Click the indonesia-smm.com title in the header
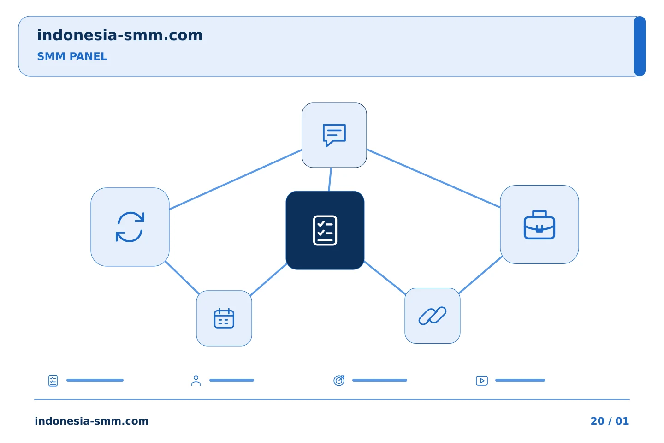pyautogui.click(x=120, y=35)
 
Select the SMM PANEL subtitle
pyautogui.click(x=72, y=56)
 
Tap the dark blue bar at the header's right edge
pyautogui.click(x=640, y=46)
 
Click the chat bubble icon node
pyautogui.click(x=334, y=135)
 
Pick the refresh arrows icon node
pyautogui.click(x=130, y=227)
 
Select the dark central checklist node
pyautogui.click(x=325, y=230)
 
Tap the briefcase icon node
pyautogui.click(x=539, y=225)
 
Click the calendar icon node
pyautogui.click(x=224, y=318)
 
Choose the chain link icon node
pyautogui.click(x=432, y=316)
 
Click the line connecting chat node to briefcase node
pyautogui.click(x=433, y=178)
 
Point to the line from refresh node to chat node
pyautogui.click(x=236, y=180)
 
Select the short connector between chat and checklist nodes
pyautogui.click(x=330, y=179)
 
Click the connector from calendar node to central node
pyautogui.click(x=268, y=280)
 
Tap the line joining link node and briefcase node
pyautogui.click(x=480, y=275)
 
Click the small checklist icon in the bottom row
pyautogui.click(x=53, y=381)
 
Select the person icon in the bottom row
pyautogui.click(x=196, y=381)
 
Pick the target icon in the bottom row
pyautogui.click(x=339, y=381)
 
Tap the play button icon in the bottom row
pyautogui.click(x=482, y=381)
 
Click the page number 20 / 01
pyautogui.click(x=610, y=421)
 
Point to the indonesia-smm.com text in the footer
pyautogui.click(x=92, y=421)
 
